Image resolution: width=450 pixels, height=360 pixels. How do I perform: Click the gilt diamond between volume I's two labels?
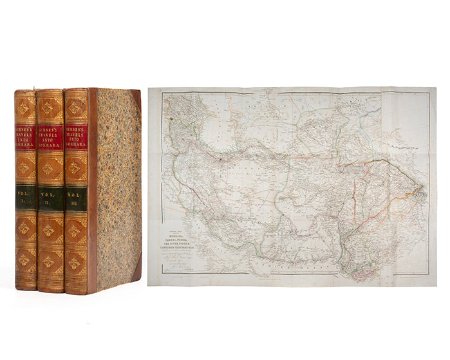[x=26, y=168]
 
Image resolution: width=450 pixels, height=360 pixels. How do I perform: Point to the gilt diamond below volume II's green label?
[x=50, y=230]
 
